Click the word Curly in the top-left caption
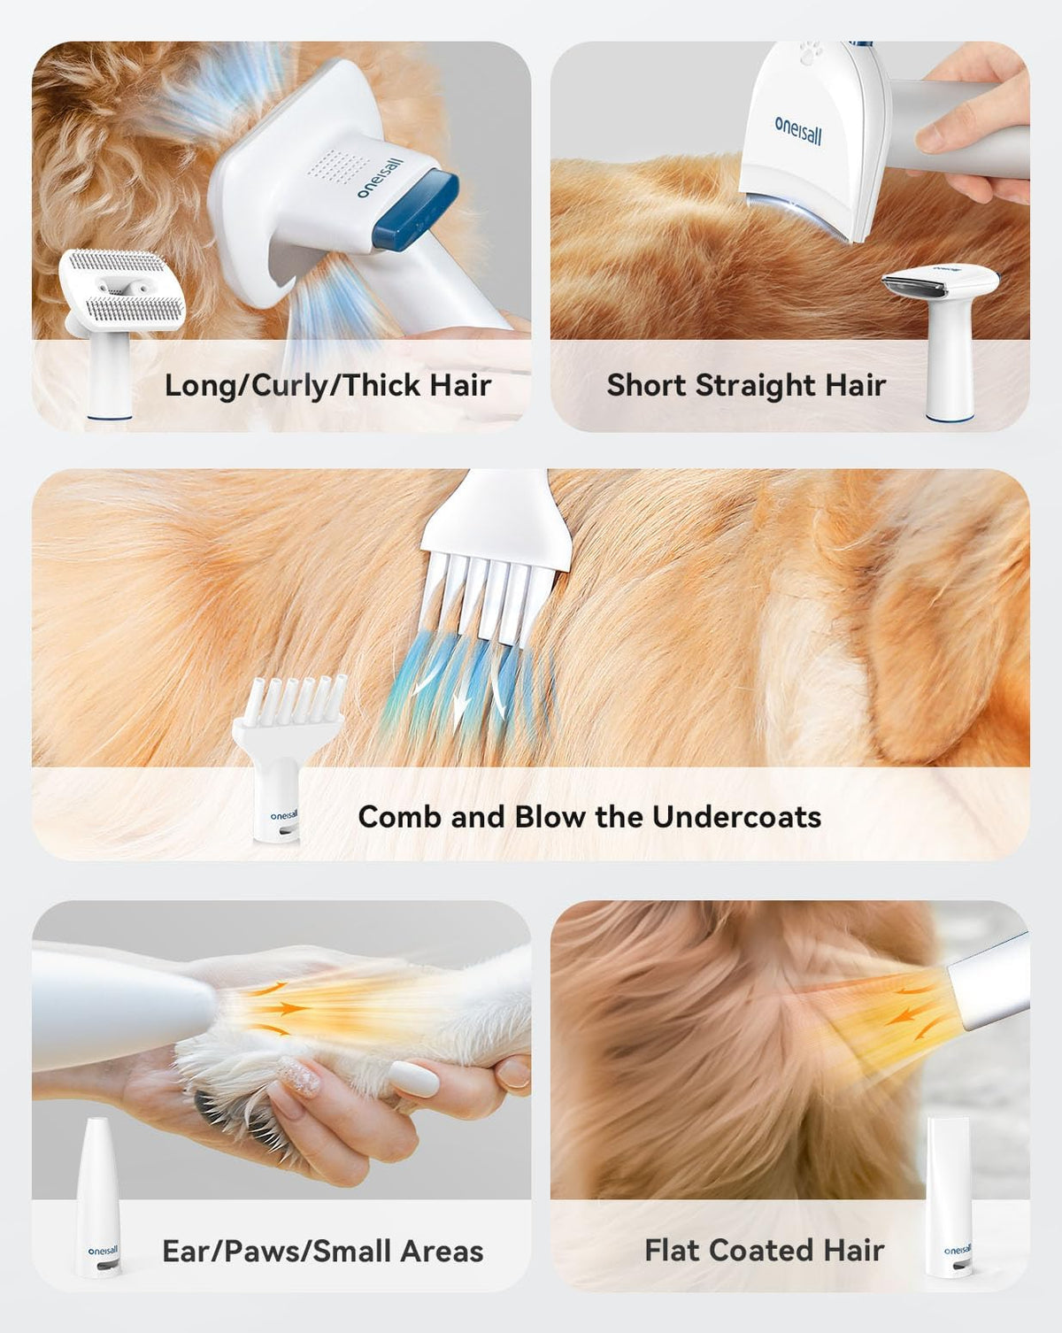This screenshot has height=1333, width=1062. [289, 387]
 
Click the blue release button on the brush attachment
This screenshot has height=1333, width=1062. [416, 212]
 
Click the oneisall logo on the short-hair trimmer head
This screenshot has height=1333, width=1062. [798, 131]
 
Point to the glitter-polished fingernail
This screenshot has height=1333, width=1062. [299, 1076]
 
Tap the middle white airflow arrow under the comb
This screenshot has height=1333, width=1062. [459, 711]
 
